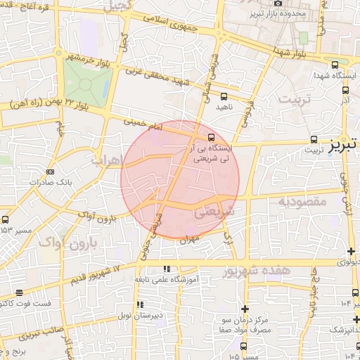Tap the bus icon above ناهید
pos(224,96)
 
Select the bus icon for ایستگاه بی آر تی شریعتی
pos(212,136)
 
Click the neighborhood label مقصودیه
pos(303,202)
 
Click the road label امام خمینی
pos(143,124)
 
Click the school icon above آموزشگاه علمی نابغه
pos(167,269)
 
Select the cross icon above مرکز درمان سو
pos(245,309)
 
